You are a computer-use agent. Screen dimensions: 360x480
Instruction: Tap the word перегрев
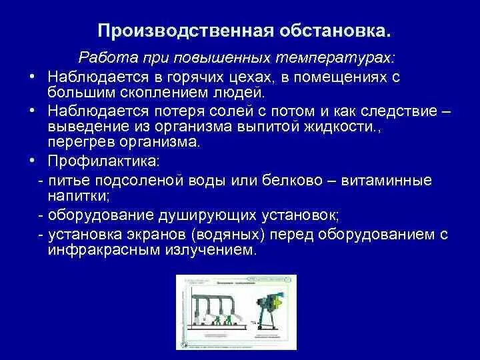click(81, 142)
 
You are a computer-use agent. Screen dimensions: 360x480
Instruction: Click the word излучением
click(211, 251)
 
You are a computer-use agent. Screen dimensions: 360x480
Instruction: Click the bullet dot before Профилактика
click(31, 161)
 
